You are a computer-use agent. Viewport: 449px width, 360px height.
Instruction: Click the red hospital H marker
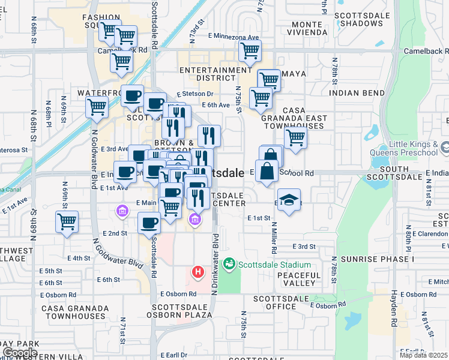(x=197, y=273)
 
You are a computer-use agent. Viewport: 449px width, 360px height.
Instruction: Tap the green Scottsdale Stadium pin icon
(x=229, y=264)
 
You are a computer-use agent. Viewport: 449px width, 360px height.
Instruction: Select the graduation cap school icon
(x=289, y=199)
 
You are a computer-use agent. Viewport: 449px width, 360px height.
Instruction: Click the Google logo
(x=20, y=352)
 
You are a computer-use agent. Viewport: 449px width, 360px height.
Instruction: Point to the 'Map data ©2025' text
(x=423, y=355)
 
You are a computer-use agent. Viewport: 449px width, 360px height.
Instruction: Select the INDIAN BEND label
(x=357, y=94)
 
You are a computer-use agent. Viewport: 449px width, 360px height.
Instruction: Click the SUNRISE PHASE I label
(x=377, y=259)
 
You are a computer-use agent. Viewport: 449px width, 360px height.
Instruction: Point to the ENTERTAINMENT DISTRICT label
(x=208, y=74)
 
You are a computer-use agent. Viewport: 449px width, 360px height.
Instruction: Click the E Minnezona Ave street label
(x=234, y=37)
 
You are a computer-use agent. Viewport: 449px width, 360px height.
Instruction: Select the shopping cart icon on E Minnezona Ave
(x=250, y=52)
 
